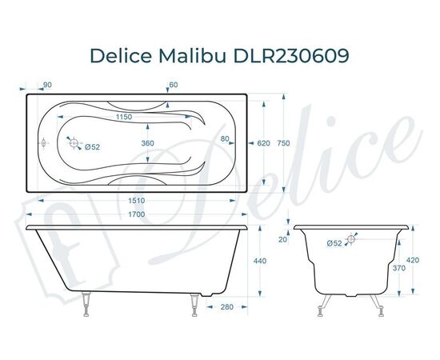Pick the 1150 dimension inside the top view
pyautogui.click(x=121, y=117)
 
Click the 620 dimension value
pyautogui.click(x=263, y=143)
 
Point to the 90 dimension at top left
pyautogui.click(x=47, y=85)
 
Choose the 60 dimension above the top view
pyautogui.click(x=174, y=85)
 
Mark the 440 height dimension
pyautogui.click(x=260, y=262)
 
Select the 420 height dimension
pyautogui.click(x=411, y=260)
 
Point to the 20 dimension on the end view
pyautogui.click(x=282, y=239)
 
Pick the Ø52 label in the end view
pyautogui.click(x=334, y=242)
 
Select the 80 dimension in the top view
pyautogui.click(x=226, y=138)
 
